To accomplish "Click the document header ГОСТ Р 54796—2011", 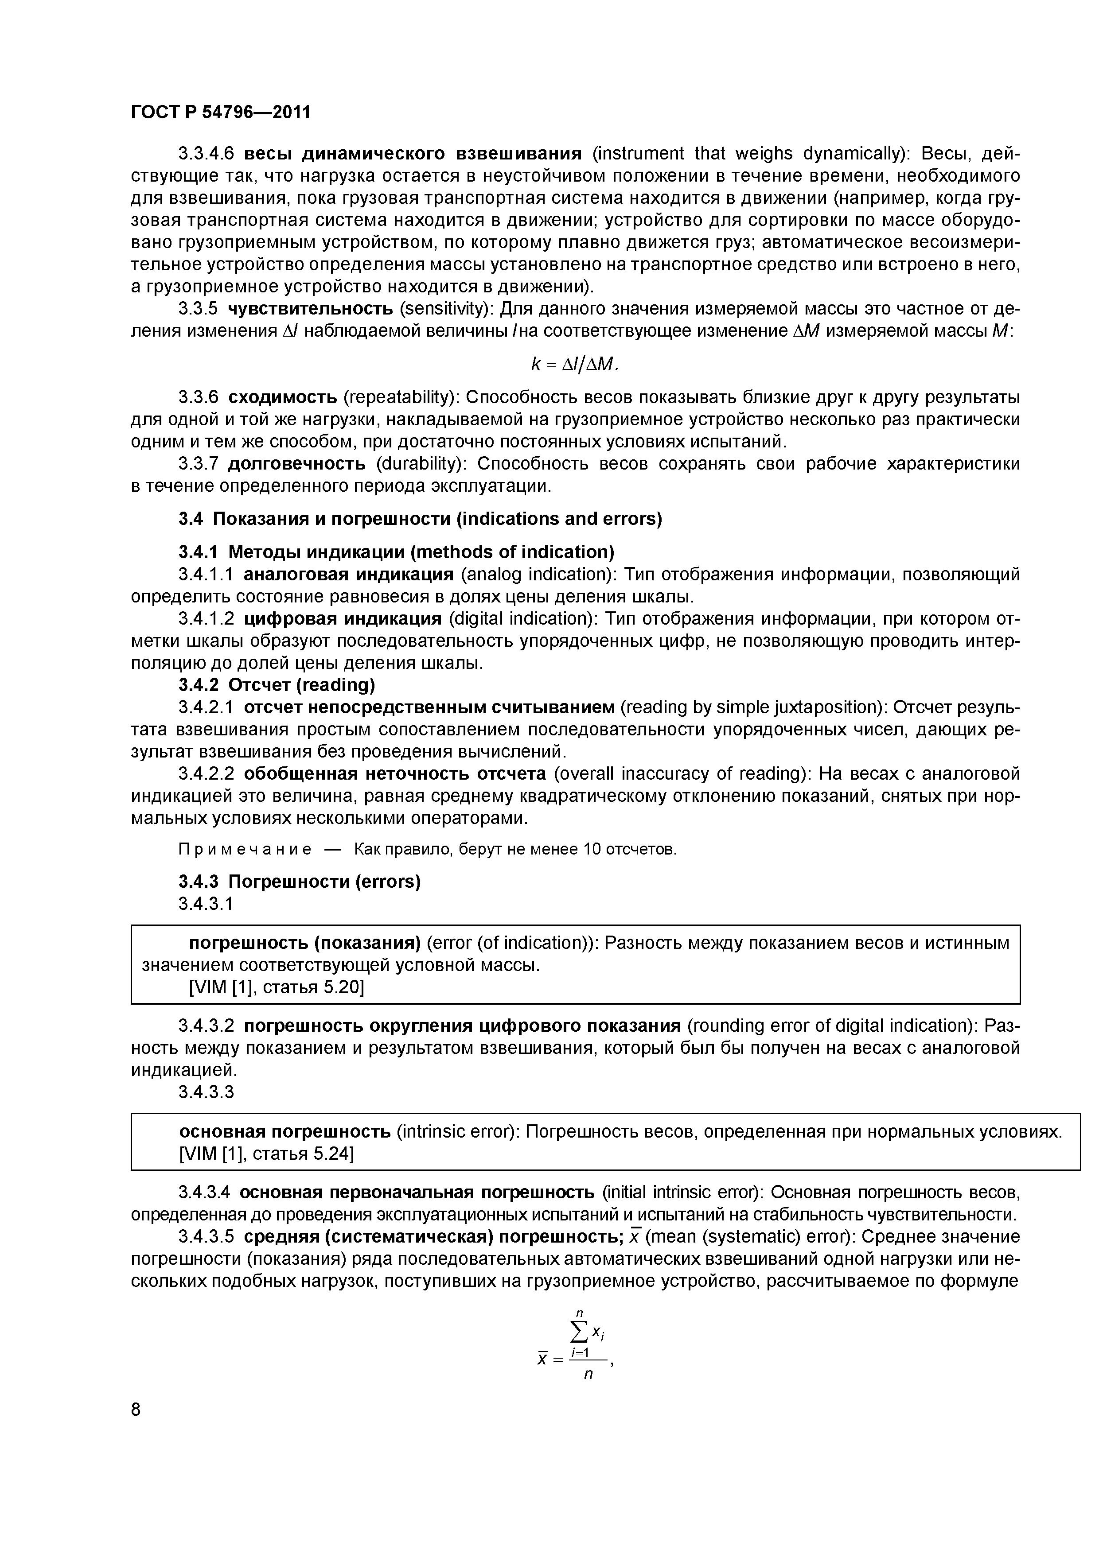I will coord(220,112).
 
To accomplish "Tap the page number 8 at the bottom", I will coord(136,1409).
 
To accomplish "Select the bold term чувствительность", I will coord(310,309).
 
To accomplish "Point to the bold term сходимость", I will coord(282,396).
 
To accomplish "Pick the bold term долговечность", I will coord(296,464).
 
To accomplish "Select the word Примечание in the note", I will coord(245,849).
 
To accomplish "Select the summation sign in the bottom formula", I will coord(579,1333).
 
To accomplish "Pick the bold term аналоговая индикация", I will coord(348,575).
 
